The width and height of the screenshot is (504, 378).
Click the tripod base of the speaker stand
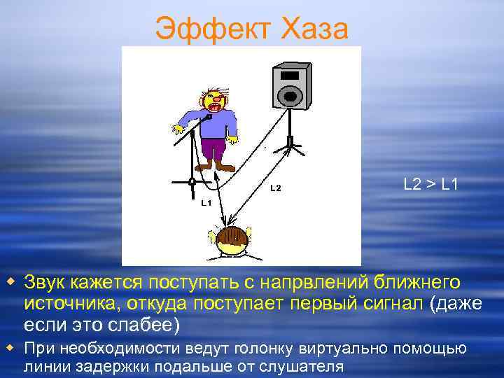288,146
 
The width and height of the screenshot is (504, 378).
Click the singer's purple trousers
213,148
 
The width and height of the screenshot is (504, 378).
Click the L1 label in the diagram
206,203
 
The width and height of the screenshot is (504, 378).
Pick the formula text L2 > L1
431,185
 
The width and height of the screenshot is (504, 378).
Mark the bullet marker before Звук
10,281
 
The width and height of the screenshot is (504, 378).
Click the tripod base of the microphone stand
190,182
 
